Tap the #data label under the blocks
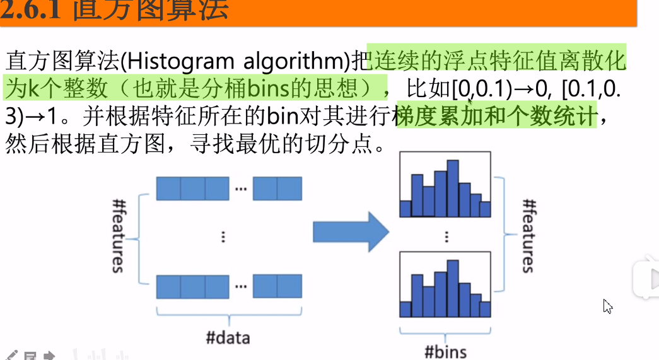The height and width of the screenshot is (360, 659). (x=228, y=337)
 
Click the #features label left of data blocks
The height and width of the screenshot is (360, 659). (x=117, y=235)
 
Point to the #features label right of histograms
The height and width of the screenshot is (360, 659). (x=528, y=235)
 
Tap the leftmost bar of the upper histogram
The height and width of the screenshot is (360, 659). (x=405, y=208)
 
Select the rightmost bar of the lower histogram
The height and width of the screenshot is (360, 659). (x=484, y=309)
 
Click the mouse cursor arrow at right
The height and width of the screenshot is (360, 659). (x=607, y=306)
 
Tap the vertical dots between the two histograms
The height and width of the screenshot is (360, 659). (x=446, y=236)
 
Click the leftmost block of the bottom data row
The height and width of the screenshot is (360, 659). (x=168, y=286)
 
